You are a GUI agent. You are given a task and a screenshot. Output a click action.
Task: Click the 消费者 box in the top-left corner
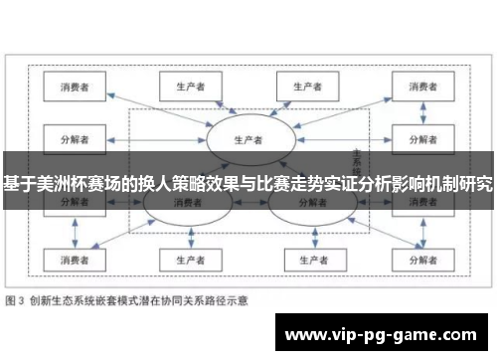76,87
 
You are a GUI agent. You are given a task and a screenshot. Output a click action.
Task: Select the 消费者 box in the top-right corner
417,87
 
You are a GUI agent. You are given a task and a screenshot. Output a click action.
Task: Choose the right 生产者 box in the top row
305,87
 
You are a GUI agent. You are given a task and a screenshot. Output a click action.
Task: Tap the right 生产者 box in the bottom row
305,260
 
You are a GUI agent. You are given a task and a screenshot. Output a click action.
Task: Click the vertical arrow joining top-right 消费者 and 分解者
417,111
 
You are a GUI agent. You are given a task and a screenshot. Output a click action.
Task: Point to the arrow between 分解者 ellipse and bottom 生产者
306,235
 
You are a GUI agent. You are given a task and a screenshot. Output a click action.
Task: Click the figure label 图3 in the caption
16,297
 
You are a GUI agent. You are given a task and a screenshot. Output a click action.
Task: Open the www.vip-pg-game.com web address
383,332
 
